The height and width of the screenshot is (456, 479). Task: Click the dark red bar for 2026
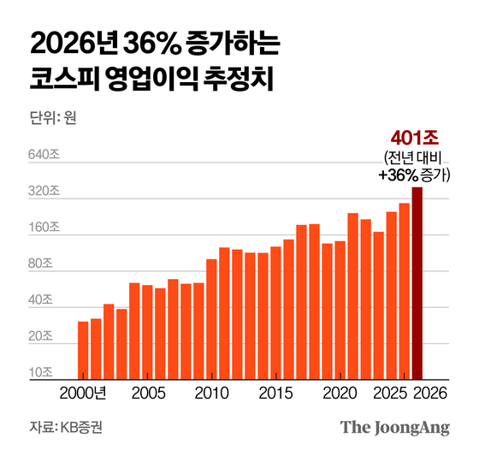pos(417,283)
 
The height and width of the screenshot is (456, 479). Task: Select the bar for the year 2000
pos(83,350)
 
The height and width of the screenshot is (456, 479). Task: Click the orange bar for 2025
pos(404,291)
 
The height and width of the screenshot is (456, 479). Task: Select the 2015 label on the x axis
pos(275,394)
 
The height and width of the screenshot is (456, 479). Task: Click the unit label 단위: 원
pos(53,118)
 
